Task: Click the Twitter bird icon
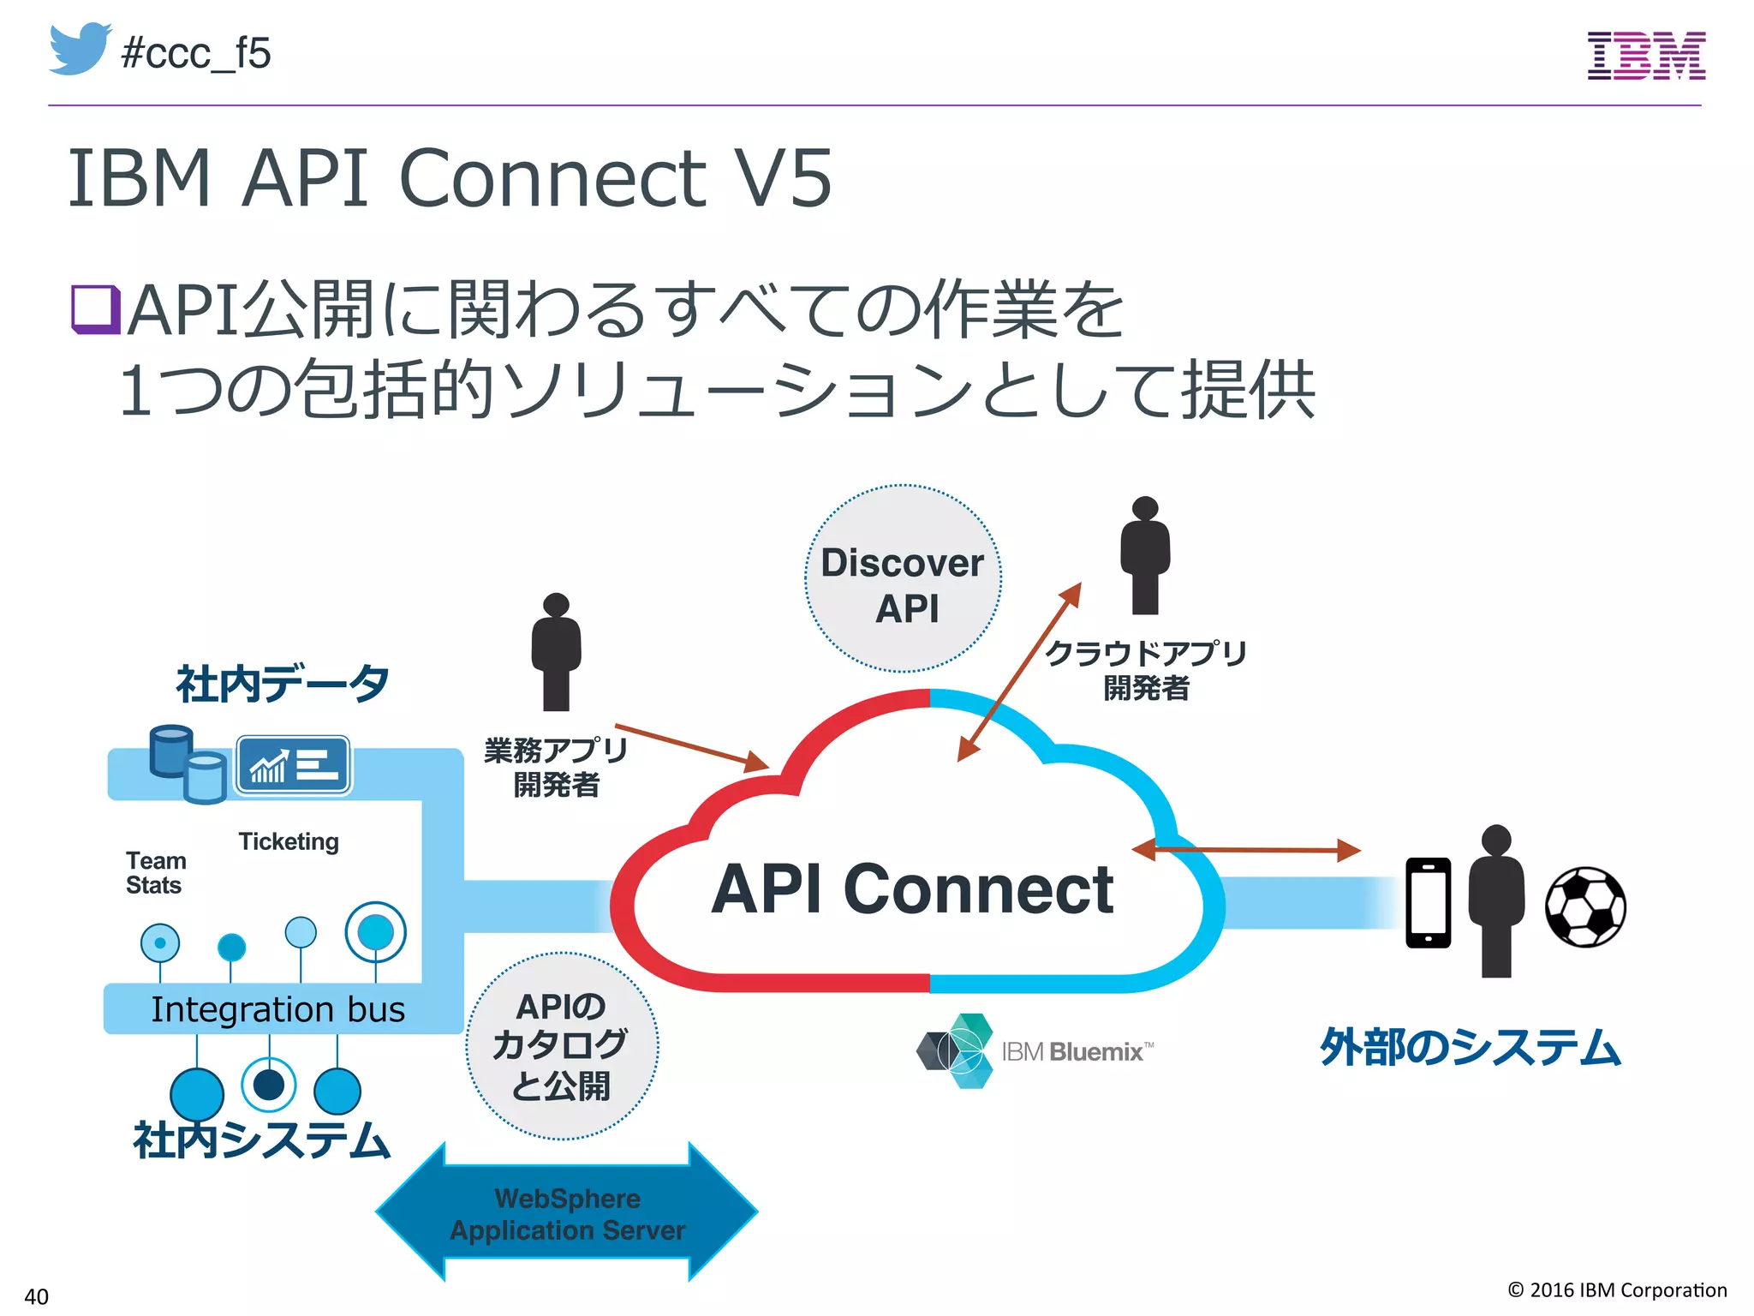tap(80, 49)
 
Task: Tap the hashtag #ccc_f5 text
tap(196, 53)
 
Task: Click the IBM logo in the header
tap(1646, 56)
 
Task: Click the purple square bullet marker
tap(94, 309)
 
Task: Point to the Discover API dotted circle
tap(903, 579)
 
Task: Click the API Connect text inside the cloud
tap(912, 889)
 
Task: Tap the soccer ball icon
tap(1585, 907)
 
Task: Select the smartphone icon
tap(1428, 903)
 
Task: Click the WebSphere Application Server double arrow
tap(567, 1213)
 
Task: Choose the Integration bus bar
tap(277, 1009)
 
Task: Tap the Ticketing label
tap(289, 841)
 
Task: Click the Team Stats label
tap(155, 872)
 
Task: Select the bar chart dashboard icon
tap(293, 764)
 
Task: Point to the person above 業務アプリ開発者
tap(556, 651)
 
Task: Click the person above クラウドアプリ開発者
tap(1145, 555)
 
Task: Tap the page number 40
tap(36, 1295)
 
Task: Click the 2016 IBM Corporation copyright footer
tap(1617, 1290)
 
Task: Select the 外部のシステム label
tap(1470, 1048)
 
